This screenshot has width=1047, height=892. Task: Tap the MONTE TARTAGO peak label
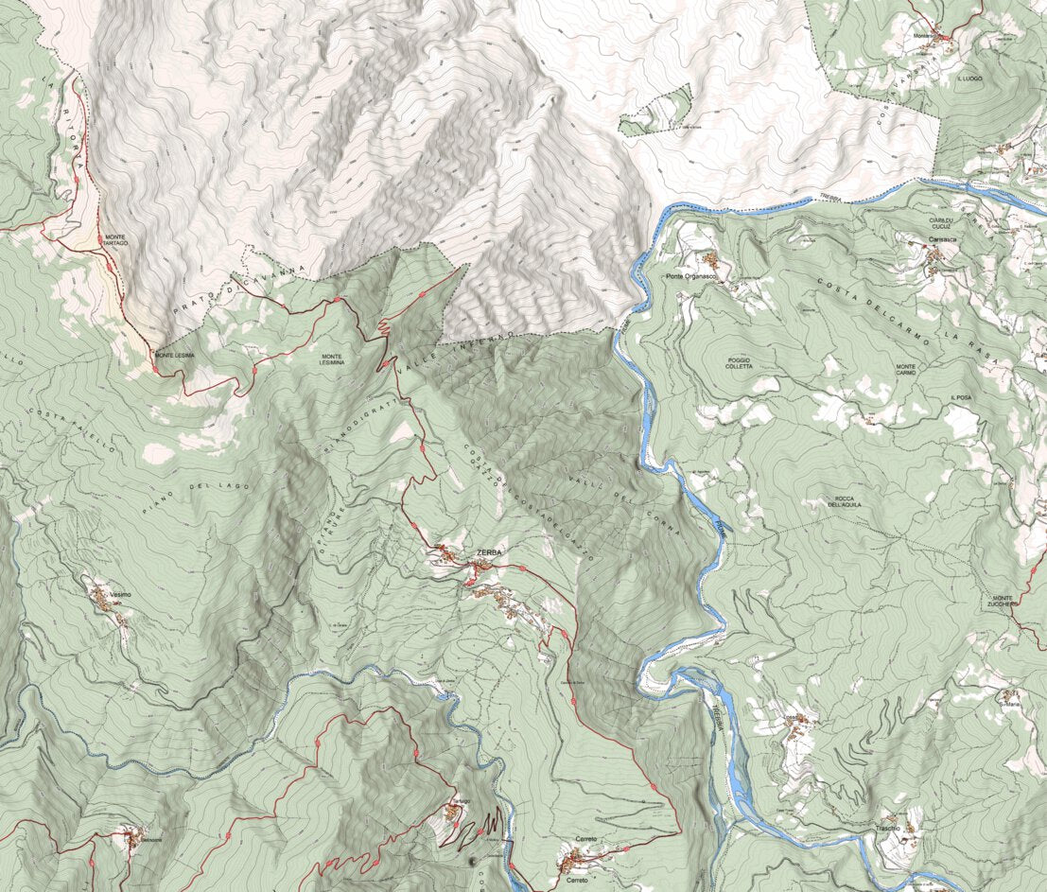point(116,240)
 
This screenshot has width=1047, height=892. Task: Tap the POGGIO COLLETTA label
point(740,362)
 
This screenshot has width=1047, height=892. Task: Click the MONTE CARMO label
point(906,370)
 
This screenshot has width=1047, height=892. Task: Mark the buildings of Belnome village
point(128,836)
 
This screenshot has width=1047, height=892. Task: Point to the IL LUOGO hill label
point(970,79)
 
